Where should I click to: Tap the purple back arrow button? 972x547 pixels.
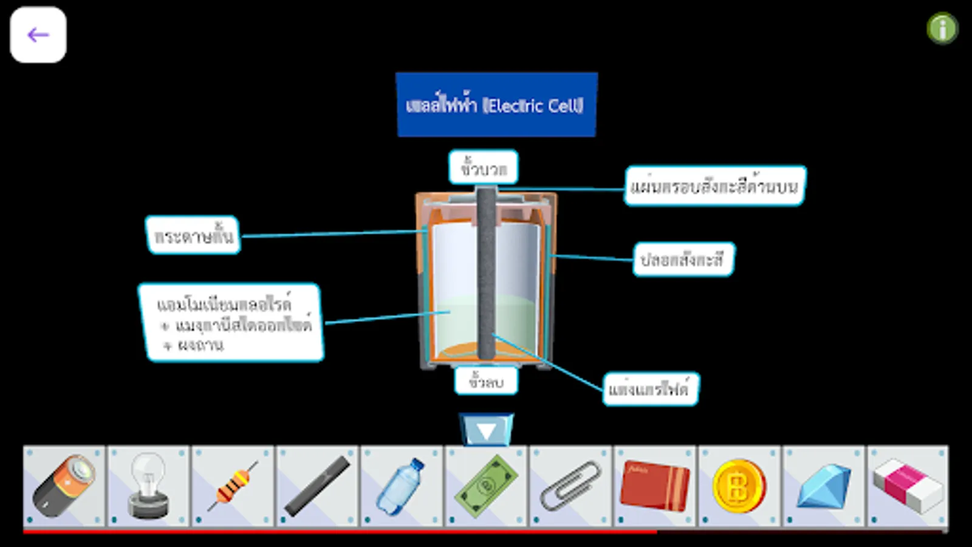[x=38, y=35]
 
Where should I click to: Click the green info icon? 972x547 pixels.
[x=942, y=29]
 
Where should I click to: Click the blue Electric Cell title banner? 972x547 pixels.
[x=496, y=105]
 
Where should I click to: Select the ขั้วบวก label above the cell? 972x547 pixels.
[x=483, y=167]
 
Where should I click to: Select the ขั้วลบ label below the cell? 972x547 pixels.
[x=486, y=381]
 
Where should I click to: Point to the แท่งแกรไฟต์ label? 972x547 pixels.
[x=650, y=389]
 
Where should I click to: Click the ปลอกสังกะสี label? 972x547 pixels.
[x=683, y=260]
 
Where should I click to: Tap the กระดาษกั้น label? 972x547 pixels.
[x=193, y=235]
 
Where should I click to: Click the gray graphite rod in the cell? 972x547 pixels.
[x=486, y=273]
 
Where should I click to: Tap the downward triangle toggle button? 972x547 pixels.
[x=486, y=430]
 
